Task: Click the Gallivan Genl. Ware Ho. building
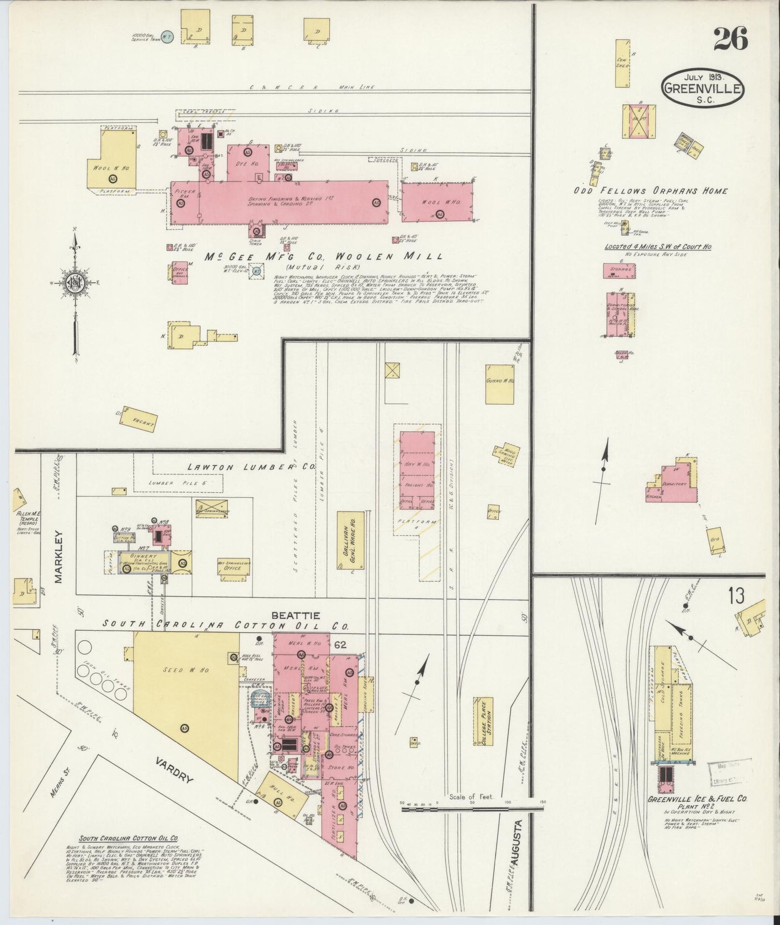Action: click(x=347, y=540)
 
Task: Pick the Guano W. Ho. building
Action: click(x=499, y=383)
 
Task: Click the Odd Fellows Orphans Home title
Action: click(x=652, y=191)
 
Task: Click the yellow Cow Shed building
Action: click(x=622, y=63)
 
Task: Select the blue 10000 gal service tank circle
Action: click(x=168, y=38)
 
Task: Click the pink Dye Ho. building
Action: click(x=248, y=162)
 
